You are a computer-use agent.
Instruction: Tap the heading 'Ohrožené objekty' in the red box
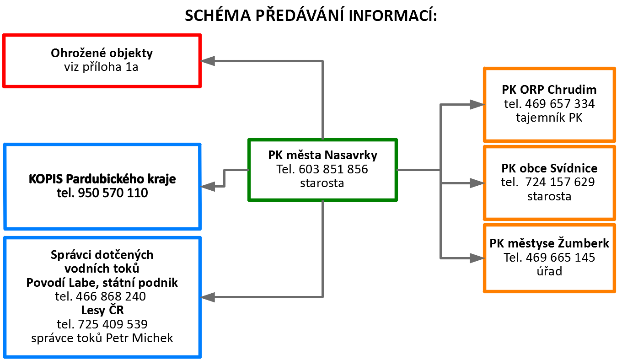[102, 53]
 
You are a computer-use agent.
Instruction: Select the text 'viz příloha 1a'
[102, 67]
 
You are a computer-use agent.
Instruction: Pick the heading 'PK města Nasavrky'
[322, 155]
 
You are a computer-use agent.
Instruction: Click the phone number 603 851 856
[333, 169]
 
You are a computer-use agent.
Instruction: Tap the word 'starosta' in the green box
[322, 183]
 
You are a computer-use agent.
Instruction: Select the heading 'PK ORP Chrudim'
[549, 89]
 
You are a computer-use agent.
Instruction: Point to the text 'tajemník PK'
[549, 118]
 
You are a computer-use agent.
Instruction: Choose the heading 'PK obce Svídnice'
[549, 168]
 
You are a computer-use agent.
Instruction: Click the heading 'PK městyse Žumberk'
[549, 243]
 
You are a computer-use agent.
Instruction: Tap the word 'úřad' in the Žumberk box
[549, 271]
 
